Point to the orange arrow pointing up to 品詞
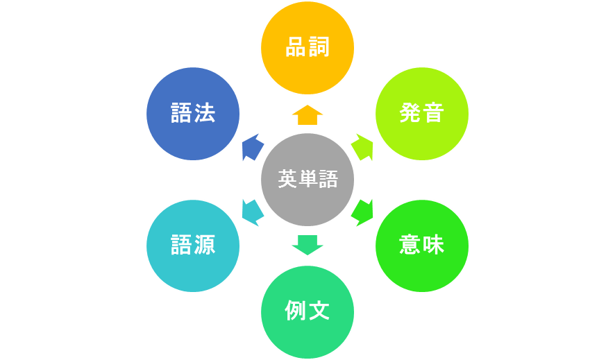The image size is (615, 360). coord(307,115)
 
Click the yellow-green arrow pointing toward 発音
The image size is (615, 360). coord(362,147)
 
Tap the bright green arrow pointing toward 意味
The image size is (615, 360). coord(362,212)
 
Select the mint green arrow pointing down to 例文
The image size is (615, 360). coord(307,244)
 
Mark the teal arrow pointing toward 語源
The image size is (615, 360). coord(253,212)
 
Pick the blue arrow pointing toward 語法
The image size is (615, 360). coord(253,147)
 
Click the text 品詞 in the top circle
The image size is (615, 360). coord(307,49)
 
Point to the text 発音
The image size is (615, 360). coord(422,114)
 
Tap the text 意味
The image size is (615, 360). coord(422,246)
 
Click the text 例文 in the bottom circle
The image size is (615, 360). coord(307,311)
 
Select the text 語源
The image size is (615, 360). coord(193,246)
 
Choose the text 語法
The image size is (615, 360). coord(193,114)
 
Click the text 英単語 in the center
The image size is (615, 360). coord(307,180)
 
